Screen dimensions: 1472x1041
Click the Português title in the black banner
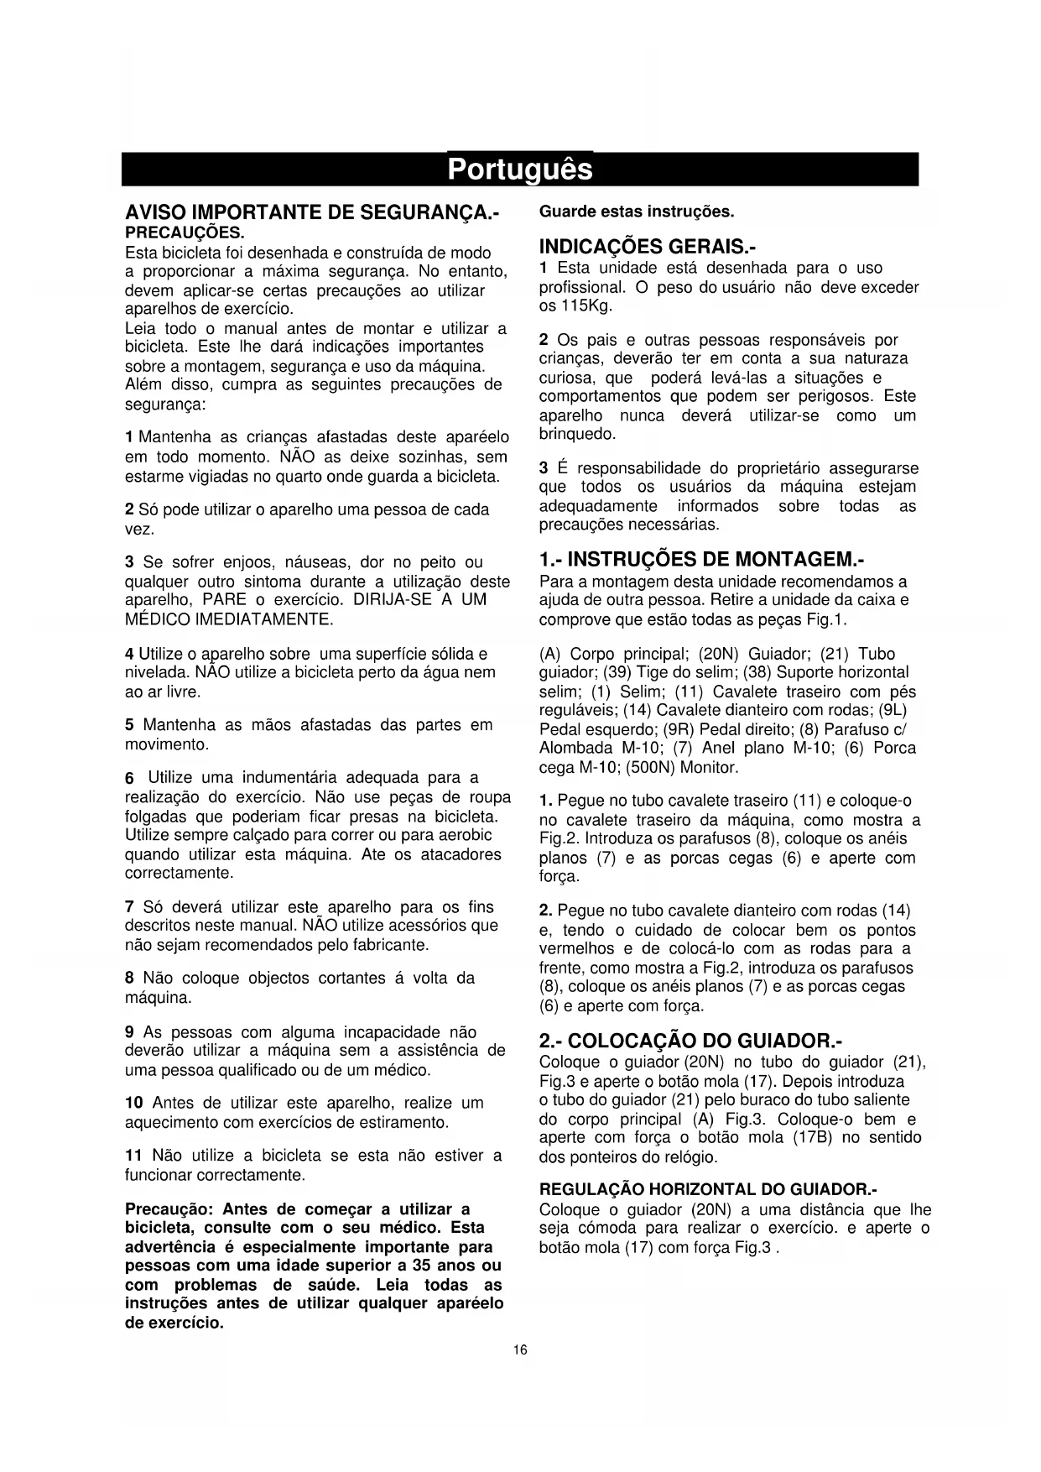pyautogui.click(x=519, y=170)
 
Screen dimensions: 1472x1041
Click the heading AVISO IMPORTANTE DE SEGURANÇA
pyautogui.click(x=311, y=212)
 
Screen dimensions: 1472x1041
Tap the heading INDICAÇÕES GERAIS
pyautogui.click(x=648, y=248)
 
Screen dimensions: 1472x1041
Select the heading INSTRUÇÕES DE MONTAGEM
pyautogui.click(x=701, y=560)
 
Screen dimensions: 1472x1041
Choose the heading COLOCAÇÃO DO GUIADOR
pyautogui.click(x=690, y=1041)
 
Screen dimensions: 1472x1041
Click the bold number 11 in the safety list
pyautogui.click(x=133, y=1156)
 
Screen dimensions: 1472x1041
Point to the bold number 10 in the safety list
pyautogui.click(x=134, y=1103)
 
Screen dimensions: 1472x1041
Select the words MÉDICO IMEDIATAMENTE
pyautogui.click(x=229, y=620)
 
